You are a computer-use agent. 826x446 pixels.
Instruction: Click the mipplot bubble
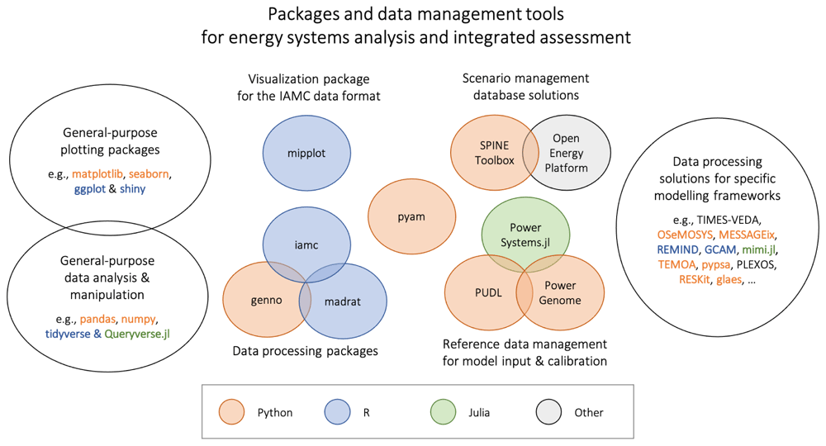click(x=306, y=154)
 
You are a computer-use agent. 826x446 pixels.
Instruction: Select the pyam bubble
click(x=411, y=216)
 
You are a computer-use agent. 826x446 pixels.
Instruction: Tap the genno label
click(x=267, y=300)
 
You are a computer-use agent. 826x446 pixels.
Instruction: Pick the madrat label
click(x=343, y=301)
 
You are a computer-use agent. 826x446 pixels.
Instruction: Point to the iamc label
click(x=306, y=244)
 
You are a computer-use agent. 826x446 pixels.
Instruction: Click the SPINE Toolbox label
click(x=494, y=153)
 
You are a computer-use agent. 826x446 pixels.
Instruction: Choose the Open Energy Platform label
click(x=567, y=153)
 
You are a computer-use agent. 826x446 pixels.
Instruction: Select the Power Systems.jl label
click(x=525, y=235)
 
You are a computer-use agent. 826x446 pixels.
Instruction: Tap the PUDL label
click(x=488, y=292)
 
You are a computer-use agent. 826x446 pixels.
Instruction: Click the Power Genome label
click(x=560, y=292)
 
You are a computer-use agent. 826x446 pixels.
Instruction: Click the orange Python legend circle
click(x=232, y=412)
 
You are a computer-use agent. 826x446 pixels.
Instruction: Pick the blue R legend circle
click(x=337, y=412)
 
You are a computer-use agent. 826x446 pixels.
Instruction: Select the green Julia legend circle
click(x=443, y=412)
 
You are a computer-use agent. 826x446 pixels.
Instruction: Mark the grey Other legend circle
click(x=549, y=412)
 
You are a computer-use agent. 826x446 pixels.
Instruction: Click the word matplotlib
click(x=97, y=173)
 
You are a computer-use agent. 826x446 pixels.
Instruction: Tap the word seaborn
click(x=149, y=173)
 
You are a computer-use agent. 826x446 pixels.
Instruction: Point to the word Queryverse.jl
click(x=137, y=334)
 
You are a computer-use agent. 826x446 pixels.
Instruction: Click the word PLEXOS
click(x=756, y=264)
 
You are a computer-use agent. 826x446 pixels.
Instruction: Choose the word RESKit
click(x=695, y=280)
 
